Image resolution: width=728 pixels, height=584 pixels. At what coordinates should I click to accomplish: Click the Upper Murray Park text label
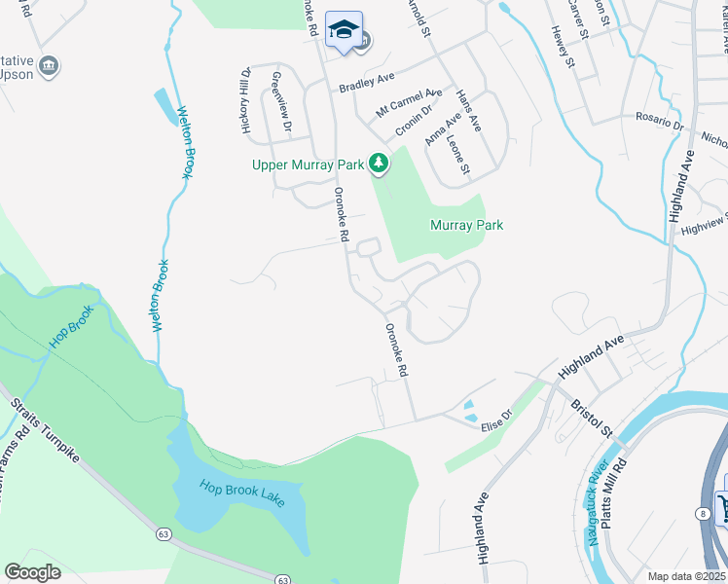[x=307, y=164]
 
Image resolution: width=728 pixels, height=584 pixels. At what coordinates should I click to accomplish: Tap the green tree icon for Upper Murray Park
[x=380, y=164]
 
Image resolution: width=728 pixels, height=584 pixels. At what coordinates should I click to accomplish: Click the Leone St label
[x=458, y=155]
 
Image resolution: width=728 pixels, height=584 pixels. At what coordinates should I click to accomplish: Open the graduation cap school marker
[x=344, y=29]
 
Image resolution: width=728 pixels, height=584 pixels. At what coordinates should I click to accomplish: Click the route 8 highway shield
[x=702, y=512]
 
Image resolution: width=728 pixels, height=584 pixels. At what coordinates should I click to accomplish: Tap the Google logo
[x=32, y=572]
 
